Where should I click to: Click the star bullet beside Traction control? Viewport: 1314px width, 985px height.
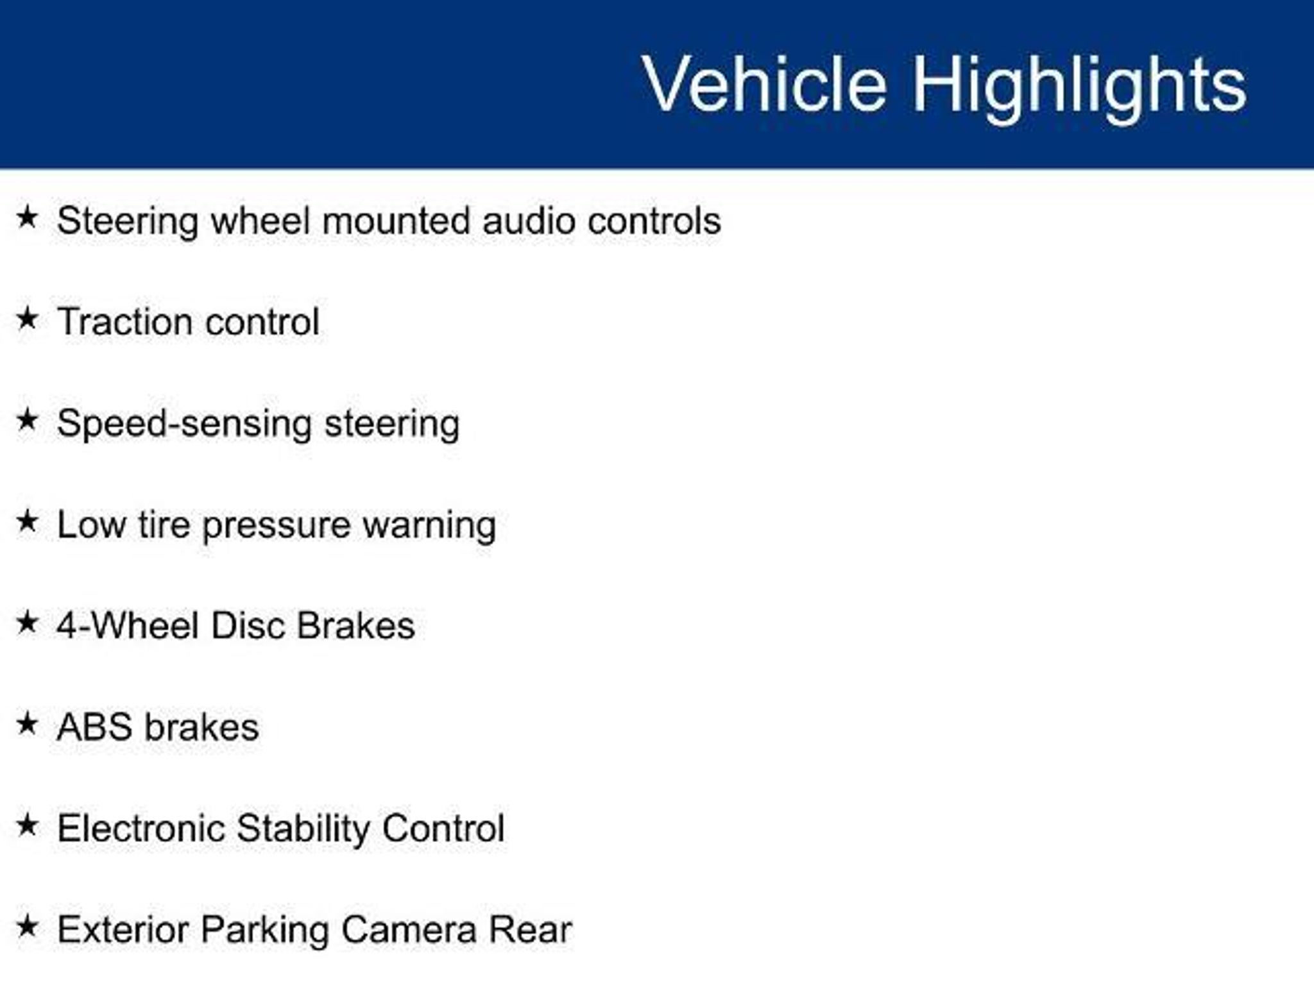(x=28, y=318)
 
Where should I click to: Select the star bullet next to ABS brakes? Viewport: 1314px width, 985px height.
(x=28, y=724)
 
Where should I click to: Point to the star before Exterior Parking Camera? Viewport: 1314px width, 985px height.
(x=28, y=927)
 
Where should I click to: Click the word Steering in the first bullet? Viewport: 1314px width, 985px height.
(x=128, y=222)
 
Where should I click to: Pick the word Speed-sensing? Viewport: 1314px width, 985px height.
(x=184, y=425)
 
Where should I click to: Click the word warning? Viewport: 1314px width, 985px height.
(x=429, y=526)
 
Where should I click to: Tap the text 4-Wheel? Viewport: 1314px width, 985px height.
(x=128, y=625)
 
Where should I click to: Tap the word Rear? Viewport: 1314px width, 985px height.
(x=530, y=930)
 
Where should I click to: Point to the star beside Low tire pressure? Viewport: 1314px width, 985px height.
(x=28, y=521)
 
